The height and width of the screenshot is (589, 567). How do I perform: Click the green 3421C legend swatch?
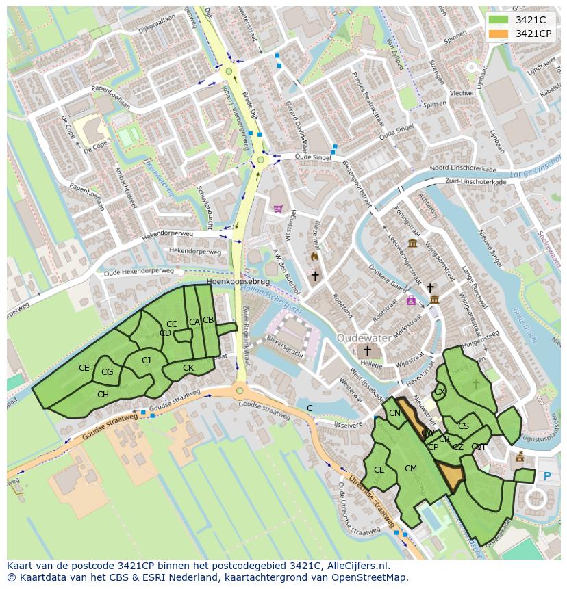pos(499,20)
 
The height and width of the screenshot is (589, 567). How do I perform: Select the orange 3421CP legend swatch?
pos(499,34)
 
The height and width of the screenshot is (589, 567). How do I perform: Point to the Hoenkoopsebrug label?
pos(238,281)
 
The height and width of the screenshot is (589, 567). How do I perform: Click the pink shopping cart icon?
pos(278,209)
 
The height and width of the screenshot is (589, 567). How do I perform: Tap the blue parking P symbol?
pos(546,477)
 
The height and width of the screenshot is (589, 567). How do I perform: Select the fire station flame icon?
pos(314,257)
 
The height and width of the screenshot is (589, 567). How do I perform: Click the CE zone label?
pos(84,368)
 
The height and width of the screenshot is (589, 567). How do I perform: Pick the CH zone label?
pos(103,395)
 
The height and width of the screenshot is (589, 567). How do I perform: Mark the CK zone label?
pos(188,368)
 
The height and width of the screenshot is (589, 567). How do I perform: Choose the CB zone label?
pos(208,320)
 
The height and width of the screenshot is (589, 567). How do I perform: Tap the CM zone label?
pos(411,469)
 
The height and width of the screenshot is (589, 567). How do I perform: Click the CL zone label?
pos(379,470)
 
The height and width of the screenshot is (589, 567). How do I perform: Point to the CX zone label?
pos(440,392)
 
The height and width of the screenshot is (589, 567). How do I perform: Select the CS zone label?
pos(464,426)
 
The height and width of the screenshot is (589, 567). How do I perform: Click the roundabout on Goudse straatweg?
pos(239,391)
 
